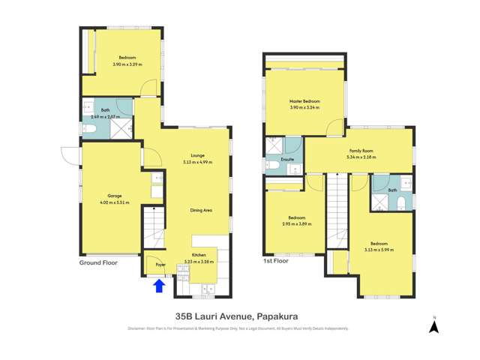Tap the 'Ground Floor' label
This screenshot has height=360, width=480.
pos(99,262)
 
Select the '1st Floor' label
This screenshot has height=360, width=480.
pos(276,262)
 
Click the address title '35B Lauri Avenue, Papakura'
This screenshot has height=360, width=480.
pos(239,316)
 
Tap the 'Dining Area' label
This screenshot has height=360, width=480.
pos(201,210)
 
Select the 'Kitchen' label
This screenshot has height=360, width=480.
pos(199,256)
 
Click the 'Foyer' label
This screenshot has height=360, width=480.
pos(160,265)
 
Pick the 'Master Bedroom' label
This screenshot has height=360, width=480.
pos(305,101)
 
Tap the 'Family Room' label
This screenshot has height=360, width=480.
pos(361,151)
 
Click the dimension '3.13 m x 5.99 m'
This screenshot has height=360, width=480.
pos(379,250)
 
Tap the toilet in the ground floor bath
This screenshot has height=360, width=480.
pos(88,130)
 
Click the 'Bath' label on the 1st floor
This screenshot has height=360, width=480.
pos(392,190)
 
